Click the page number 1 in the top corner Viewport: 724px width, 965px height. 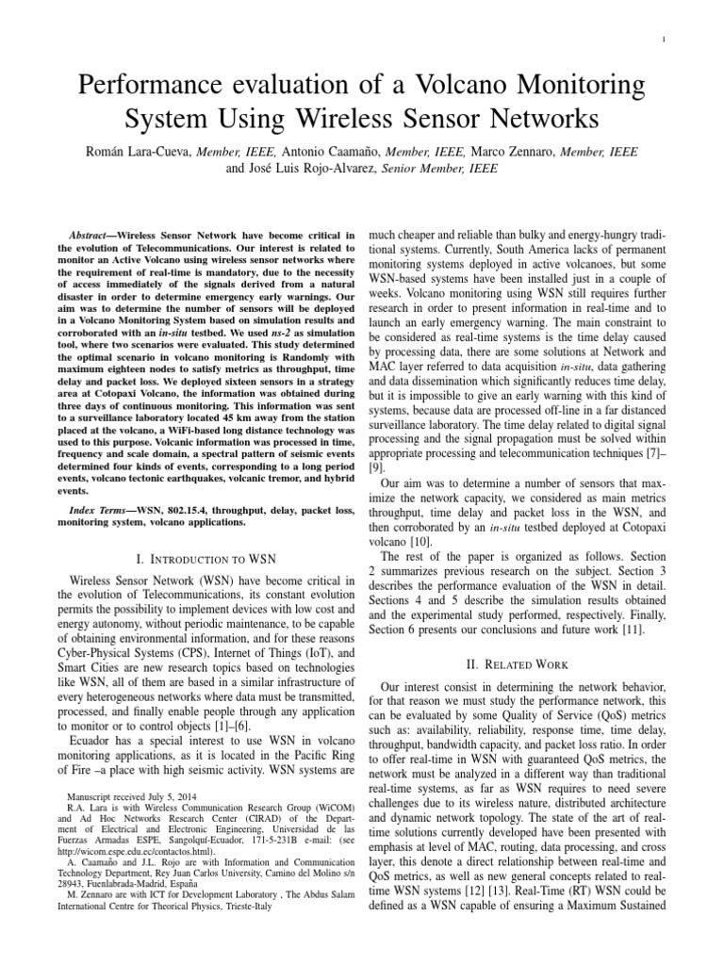click(x=666, y=38)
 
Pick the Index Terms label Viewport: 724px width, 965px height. click(x=101, y=509)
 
